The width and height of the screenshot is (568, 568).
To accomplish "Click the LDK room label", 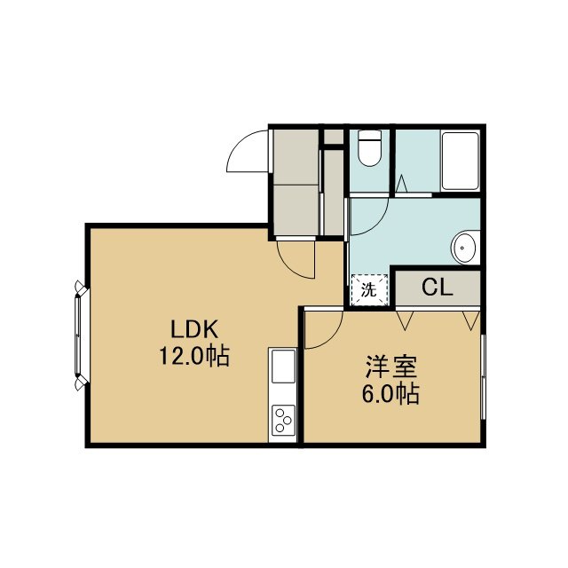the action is coord(194,329).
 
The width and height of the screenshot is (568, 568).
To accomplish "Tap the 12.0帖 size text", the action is coord(194,356).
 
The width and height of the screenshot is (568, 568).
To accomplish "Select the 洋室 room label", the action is coord(390,367).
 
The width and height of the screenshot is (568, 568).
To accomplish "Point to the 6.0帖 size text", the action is coord(390,394).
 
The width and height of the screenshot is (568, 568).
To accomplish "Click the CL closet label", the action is coord(438,288).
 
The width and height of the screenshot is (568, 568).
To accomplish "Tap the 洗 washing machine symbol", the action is coord(369,290).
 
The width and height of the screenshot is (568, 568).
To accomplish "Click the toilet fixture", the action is coord(369,148).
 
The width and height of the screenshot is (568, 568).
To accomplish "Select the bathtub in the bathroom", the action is coord(461,162).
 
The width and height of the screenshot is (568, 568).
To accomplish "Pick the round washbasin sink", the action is coord(464,248).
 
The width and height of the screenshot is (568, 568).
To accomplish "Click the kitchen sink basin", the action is coord(283,367).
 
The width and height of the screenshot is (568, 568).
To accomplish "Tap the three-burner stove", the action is coord(283,420).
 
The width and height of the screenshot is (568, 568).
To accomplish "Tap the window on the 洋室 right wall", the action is coord(483,377).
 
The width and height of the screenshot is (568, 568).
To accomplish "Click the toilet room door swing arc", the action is coord(379,224).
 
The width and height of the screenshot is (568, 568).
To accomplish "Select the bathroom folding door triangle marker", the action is coord(401,184).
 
